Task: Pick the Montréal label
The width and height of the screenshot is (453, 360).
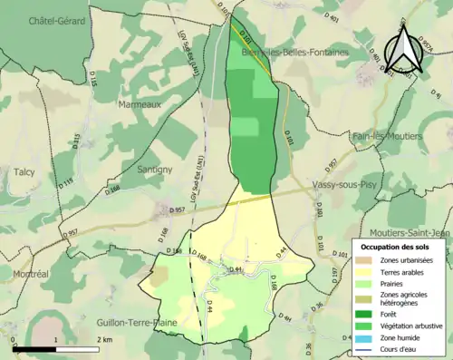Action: point(32,273)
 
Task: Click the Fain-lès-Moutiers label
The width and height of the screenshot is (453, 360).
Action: point(387,136)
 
